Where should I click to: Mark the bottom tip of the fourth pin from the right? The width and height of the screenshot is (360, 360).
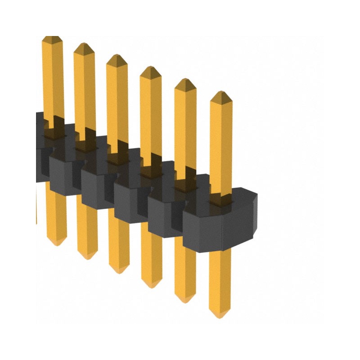(119, 271)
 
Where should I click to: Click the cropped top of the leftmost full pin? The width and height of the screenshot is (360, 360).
(52, 38)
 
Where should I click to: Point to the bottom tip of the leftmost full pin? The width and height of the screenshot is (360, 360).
(56, 243)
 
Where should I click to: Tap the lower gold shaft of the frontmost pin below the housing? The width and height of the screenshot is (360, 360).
(220, 279)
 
